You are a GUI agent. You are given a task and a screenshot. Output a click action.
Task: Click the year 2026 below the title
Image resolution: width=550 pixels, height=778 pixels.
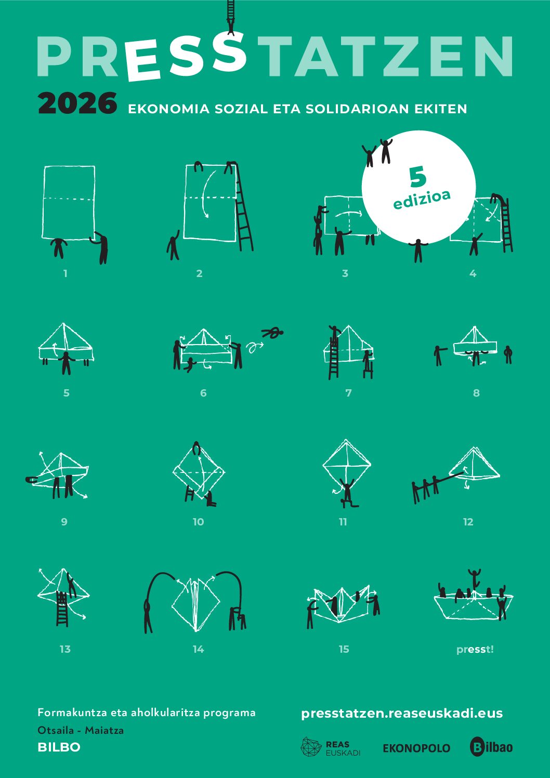coord(77,103)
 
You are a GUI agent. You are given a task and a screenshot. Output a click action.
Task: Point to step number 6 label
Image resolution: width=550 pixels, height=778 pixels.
coord(203,393)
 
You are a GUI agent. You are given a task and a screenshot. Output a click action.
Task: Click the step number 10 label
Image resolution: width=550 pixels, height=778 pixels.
coord(199,522)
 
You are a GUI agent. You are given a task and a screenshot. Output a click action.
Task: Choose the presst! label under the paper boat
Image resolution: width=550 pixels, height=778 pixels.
coord(475,649)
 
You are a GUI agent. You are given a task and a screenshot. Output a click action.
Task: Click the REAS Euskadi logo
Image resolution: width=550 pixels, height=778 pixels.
coord(331,747)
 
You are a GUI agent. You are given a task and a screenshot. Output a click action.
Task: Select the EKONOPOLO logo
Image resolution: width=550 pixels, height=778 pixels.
coord(416,748)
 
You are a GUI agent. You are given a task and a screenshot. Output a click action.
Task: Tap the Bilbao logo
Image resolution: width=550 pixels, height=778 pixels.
coord(491,747)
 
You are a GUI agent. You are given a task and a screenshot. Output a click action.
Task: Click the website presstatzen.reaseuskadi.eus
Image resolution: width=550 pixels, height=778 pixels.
coord(402,713)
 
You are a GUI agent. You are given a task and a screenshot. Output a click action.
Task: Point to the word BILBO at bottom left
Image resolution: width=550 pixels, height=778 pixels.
coord(59,747)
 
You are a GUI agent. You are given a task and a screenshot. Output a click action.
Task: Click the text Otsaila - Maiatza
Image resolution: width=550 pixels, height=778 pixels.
coord(81,730)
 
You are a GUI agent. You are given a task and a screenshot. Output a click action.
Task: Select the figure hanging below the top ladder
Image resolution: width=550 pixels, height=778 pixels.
coord(230,27)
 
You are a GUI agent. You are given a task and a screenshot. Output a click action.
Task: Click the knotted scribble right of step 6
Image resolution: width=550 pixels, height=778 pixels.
coord(272,333)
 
